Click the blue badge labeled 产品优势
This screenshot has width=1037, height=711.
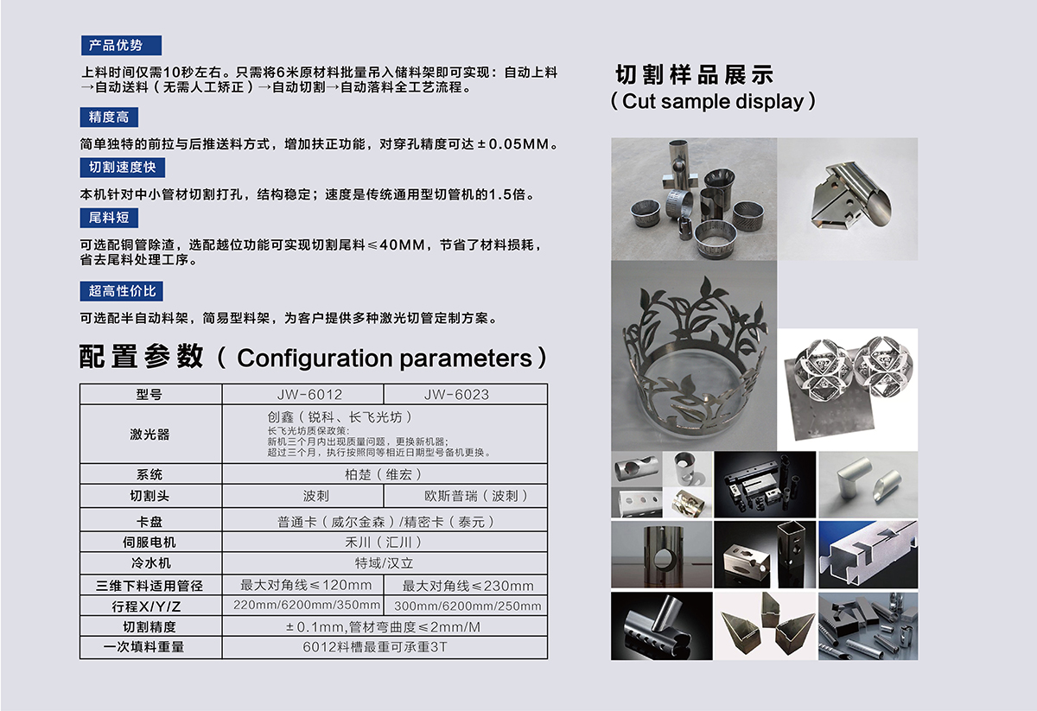pos(121,46)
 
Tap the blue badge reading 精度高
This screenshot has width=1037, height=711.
pos(109,117)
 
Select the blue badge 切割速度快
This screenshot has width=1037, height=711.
pos(122,168)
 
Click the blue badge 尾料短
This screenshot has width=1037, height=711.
pos(109,218)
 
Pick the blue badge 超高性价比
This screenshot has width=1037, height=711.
pos(121,291)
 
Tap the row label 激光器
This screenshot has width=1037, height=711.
pos(150,435)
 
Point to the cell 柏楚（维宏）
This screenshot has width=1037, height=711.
pos(383,474)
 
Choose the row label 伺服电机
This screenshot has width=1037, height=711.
pos(150,542)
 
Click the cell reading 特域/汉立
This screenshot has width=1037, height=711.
pos(384,563)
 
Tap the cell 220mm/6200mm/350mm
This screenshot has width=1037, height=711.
pos(307,605)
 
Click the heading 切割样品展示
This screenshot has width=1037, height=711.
pos(695,75)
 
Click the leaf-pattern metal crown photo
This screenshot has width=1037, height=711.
pos(694,356)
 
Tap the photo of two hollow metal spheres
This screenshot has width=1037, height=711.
pos(848,390)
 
